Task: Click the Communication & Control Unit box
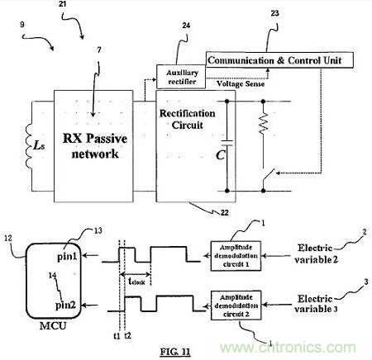pyautogui.click(x=279, y=60)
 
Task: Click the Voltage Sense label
pyautogui.click(x=239, y=83)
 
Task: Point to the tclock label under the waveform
pyautogui.click(x=138, y=281)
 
